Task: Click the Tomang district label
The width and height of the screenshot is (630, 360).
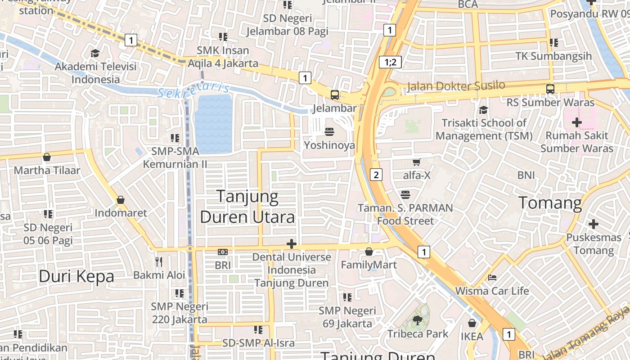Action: (550, 203)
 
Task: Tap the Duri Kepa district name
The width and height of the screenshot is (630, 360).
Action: (76, 276)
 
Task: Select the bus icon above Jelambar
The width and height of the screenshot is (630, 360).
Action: (335, 95)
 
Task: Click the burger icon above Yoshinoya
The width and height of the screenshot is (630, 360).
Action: (329, 132)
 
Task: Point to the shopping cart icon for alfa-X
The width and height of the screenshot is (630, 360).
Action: (417, 162)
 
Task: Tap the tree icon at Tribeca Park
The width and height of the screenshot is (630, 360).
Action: (418, 320)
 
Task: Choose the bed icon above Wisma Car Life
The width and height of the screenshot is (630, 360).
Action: (492, 278)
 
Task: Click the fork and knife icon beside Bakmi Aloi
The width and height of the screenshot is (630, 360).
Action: (158, 261)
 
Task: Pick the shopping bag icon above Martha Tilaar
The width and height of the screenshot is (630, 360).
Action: (47, 157)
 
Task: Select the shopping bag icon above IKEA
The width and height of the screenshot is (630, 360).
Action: (472, 323)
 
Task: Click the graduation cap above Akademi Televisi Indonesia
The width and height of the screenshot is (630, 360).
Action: (95, 54)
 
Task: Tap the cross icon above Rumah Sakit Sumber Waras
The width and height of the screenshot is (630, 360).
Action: (576, 122)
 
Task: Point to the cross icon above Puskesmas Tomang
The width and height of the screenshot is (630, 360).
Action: (594, 224)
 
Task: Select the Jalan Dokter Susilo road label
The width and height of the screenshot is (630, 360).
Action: (456, 85)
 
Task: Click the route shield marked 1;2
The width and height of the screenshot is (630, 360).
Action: (390, 62)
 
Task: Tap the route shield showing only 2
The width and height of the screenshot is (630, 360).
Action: (376, 175)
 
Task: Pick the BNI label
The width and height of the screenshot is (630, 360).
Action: (526, 175)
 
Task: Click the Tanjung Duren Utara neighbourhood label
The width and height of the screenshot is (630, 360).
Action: (247, 207)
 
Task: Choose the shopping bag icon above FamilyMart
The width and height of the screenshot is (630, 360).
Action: (369, 252)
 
